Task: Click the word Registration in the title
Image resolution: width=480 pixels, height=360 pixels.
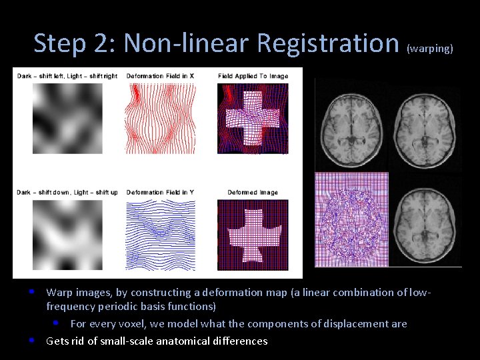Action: coord(327,43)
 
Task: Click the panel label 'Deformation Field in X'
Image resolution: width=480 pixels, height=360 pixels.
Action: coord(160,76)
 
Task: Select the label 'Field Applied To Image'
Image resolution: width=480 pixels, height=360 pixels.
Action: coord(253,76)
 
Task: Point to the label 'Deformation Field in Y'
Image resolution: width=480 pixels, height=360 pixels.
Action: coord(160,193)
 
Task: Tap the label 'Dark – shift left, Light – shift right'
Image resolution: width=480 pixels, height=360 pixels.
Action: coord(67,76)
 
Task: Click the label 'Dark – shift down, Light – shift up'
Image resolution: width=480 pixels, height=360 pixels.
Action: coord(67,193)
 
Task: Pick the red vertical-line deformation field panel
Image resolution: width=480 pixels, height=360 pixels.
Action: coord(161,117)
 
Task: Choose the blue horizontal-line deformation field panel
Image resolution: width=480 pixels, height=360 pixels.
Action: coord(161,234)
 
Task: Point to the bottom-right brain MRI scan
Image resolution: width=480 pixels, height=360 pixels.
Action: coord(425,220)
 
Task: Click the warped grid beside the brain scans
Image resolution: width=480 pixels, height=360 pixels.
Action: coord(351,220)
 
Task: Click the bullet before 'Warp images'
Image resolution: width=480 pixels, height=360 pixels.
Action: coord(32,292)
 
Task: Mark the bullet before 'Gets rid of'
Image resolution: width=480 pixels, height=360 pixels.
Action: coord(32,341)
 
